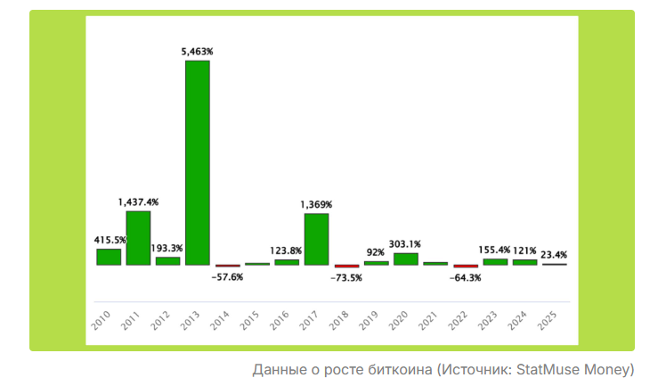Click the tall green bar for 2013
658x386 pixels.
pos(198,162)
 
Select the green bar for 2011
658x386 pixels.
pos(138,238)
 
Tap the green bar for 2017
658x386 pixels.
pos(316,239)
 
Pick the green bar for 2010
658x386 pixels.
pos(109,257)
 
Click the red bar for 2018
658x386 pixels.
pos(346,267)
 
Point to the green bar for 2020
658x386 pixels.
pos(405,259)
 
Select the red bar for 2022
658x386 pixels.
pos(466,267)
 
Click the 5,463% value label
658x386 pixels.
pos(198,53)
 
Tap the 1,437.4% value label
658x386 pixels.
pos(138,202)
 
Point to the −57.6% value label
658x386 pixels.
pos(227,277)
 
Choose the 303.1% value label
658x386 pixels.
pos(405,244)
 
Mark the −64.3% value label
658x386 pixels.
pos(466,277)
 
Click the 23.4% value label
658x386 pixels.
pos(554,255)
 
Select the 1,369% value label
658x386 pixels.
pos(316,205)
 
